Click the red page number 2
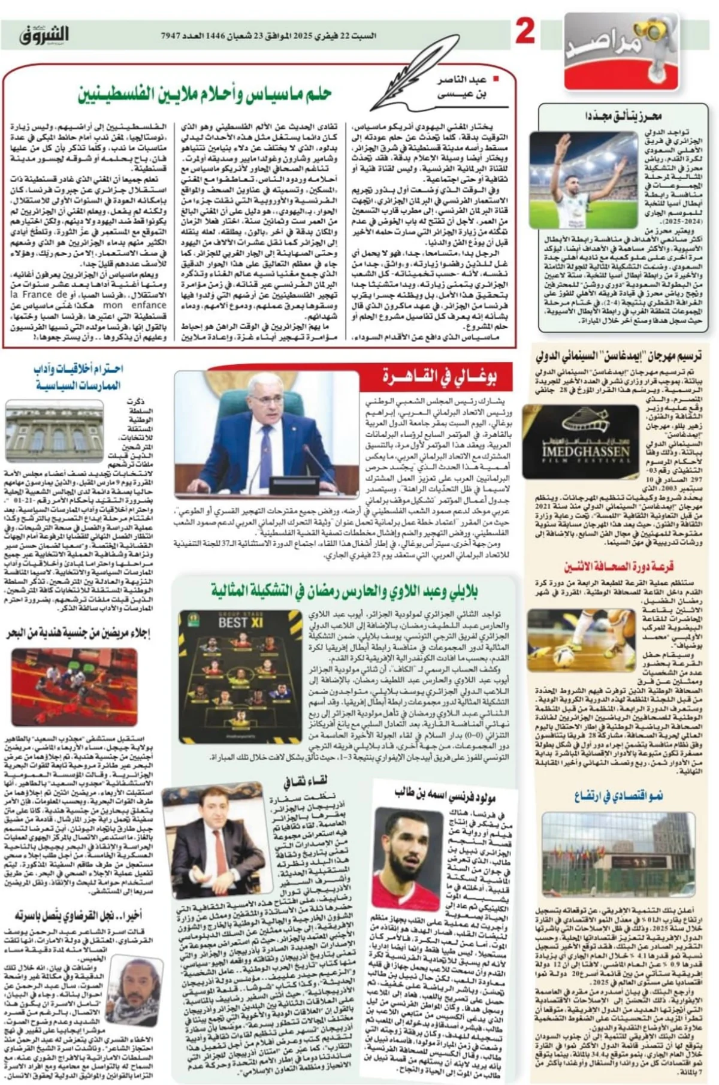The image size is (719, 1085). click(x=525, y=32)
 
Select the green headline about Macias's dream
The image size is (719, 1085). click(x=204, y=93)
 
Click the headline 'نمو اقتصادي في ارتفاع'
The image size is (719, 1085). click(x=618, y=796)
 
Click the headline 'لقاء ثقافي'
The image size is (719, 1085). click(x=306, y=782)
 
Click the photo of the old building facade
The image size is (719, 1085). click(x=55, y=430)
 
